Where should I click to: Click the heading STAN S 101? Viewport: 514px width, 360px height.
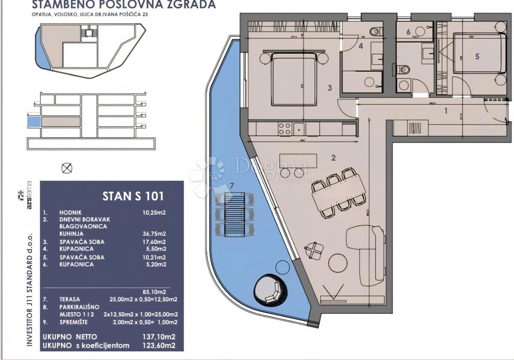(x=133, y=196)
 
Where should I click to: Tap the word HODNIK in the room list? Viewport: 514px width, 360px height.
(x=71, y=212)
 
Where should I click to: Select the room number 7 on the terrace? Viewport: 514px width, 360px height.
(x=232, y=185)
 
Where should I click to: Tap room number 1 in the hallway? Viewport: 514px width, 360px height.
(x=445, y=111)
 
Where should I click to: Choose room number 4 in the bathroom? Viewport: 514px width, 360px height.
(x=361, y=46)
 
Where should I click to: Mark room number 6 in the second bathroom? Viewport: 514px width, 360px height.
(x=408, y=32)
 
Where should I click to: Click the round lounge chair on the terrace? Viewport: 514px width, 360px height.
(x=269, y=292)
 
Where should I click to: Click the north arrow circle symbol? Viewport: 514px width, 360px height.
(x=67, y=168)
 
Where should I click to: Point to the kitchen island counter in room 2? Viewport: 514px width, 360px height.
(x=298, y=162)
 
